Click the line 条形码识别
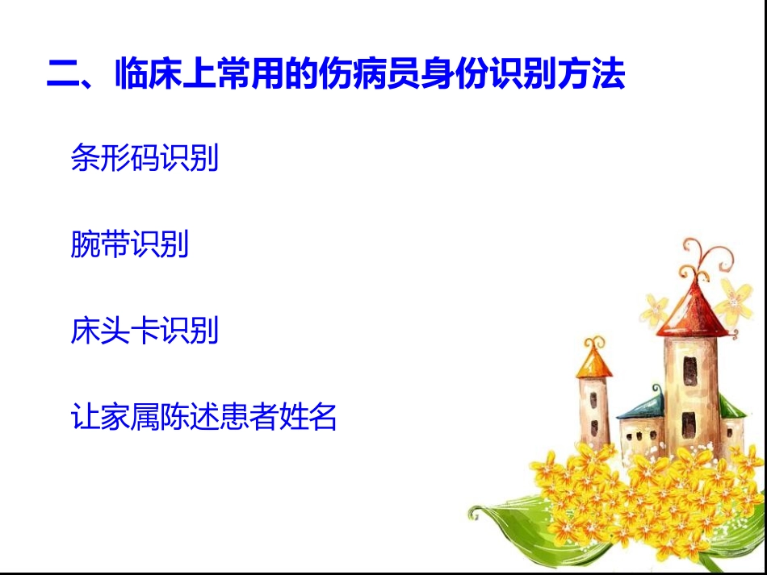[145, 158]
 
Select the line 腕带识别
[130, 244]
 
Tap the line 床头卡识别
[145, 331]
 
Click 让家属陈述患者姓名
[203, 417]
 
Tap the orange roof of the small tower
[593, 362]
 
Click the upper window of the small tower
[595, 397]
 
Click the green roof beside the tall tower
[731, 407]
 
